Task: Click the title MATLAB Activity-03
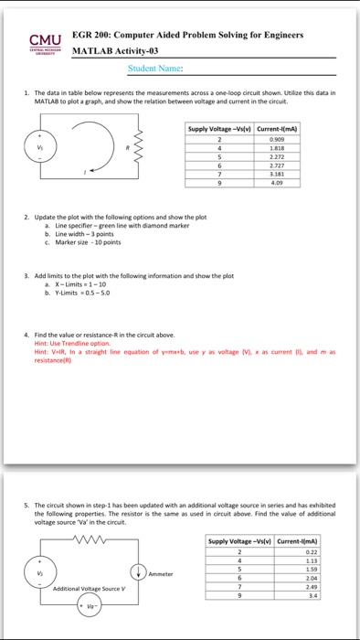tap(129, 50)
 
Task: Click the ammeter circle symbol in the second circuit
tap(134, 572)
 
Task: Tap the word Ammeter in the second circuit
tap(162, 573)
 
